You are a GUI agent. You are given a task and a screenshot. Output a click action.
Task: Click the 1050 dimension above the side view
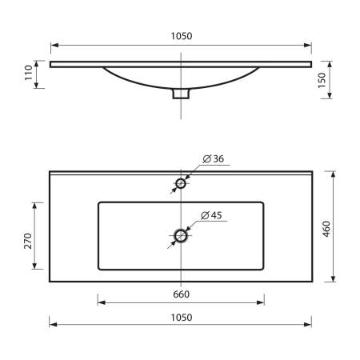click(182, 36)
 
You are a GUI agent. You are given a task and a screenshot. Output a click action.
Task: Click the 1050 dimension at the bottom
click(182, 318)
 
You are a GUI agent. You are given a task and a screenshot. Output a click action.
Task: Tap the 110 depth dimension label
click(28, 73)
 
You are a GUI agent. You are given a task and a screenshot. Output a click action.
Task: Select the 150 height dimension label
click(322, 80)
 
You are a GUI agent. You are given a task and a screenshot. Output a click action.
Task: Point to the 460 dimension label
click(326, 229)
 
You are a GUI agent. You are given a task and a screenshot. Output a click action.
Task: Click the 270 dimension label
click(28, 241)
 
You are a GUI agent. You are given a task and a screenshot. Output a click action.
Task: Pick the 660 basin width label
click(182, 294)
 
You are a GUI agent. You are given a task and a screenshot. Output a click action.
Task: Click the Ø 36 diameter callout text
click(214, 158)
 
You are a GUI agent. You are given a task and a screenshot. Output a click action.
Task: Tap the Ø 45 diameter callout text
click(211, 215)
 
